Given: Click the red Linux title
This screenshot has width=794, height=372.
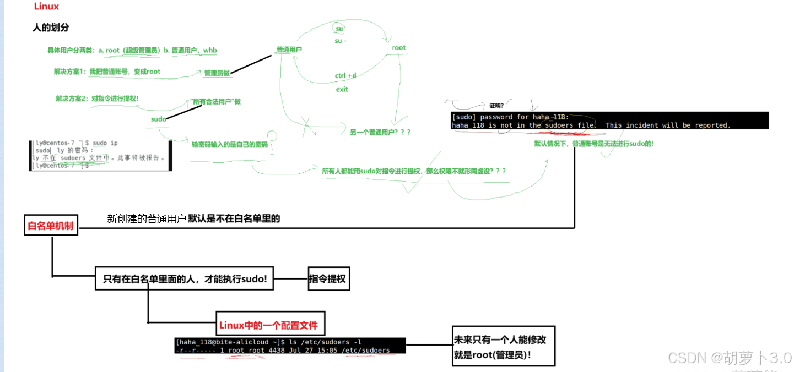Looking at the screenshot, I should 46,7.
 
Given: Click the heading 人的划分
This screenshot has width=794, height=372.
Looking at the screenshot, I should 51,28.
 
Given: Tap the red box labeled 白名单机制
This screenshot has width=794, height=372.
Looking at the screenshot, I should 51,226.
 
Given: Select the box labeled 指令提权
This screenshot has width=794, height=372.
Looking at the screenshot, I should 328,279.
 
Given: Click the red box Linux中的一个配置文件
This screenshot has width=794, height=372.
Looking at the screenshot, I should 268,325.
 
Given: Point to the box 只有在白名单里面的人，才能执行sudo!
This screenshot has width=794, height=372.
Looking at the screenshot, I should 185,279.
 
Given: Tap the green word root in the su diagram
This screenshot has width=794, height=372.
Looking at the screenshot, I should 398,48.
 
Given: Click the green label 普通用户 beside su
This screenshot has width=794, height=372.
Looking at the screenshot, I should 289,50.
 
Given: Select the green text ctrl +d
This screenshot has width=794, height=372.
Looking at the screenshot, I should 345,75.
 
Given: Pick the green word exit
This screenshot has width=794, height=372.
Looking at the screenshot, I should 342,89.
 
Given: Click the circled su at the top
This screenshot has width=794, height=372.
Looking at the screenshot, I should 339,29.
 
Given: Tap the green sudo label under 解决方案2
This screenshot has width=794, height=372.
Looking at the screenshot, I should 159,119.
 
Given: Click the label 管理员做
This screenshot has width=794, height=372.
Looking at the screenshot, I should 217,73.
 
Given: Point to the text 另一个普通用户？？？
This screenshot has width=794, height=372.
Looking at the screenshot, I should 380,132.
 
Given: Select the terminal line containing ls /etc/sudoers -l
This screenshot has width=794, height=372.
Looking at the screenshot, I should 268,342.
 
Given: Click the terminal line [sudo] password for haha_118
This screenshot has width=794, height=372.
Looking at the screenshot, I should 510,117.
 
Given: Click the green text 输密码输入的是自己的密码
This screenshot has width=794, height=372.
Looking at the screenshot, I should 229,145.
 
